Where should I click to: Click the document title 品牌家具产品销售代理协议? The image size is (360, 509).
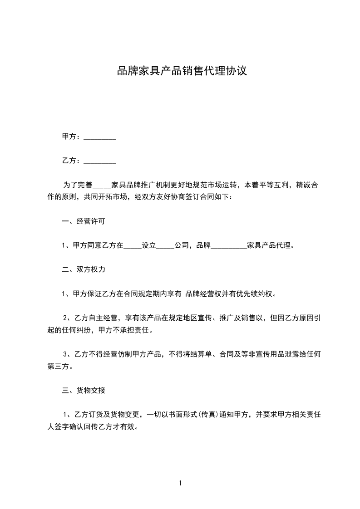[182, 71]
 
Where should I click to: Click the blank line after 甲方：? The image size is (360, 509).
[100, 137]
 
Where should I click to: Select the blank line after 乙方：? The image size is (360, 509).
[100, 161]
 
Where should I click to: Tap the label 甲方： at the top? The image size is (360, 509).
[71, 137]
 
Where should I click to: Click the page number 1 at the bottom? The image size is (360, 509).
[180, 483]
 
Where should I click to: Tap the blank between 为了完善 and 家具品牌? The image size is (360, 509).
[101, 186]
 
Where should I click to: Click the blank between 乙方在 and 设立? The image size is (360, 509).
[133, 246]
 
